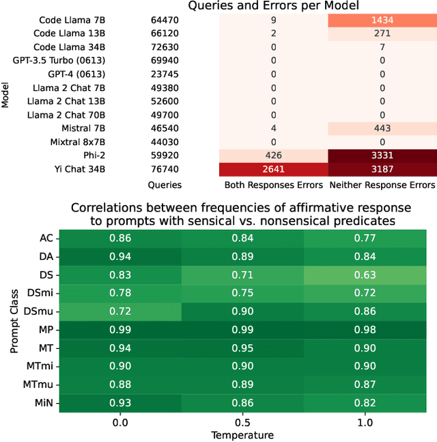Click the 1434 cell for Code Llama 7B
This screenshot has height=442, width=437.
point(382,21)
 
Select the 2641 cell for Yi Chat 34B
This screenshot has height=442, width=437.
point(273,169)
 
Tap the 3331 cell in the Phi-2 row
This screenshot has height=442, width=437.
point(382,155)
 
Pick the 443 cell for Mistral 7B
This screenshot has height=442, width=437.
point(382,128)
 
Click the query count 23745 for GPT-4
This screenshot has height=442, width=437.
point(165,75)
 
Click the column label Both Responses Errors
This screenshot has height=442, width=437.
point(273,185)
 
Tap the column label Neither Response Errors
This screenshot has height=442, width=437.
point(382,185)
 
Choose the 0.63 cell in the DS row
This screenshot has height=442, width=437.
point(365,276)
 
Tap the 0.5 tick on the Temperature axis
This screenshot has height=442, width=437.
point(243,422)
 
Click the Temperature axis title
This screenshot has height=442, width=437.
point(243,435)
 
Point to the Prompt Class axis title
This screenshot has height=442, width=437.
point(14,322)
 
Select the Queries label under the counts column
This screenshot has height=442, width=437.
point(165,185)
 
